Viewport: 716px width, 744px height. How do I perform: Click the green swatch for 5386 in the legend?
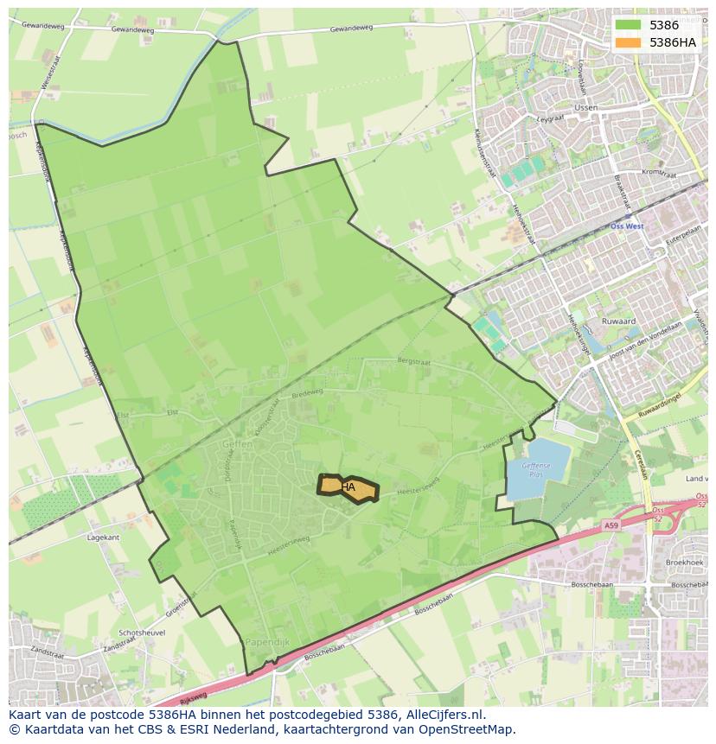pyautogui.click(x=628, y=25)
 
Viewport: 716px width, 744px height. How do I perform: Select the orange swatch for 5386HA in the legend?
pyautogui.click(x=628, y=42)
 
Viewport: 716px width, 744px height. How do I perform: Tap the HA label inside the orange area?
pyautogui.click(x=348, y=487)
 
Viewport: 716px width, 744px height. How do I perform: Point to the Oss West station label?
pyautogui.click(x=627, y=226)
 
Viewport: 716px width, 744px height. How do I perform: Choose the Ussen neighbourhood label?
pyautogui.click(x=585, y=108)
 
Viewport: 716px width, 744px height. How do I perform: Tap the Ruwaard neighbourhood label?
pyautogui.click(x=618, y=321)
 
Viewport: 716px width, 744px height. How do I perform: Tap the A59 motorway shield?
pyautogui.click(x=611, y=525)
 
